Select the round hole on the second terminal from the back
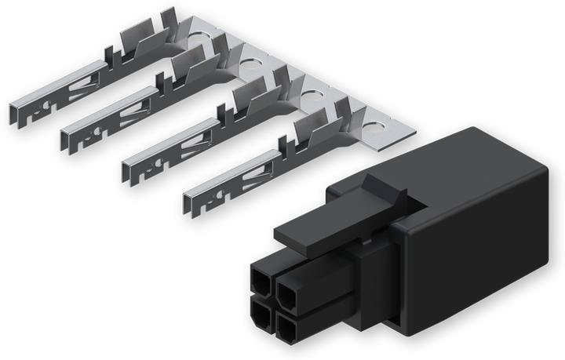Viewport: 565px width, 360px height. [x=253, y=57]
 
